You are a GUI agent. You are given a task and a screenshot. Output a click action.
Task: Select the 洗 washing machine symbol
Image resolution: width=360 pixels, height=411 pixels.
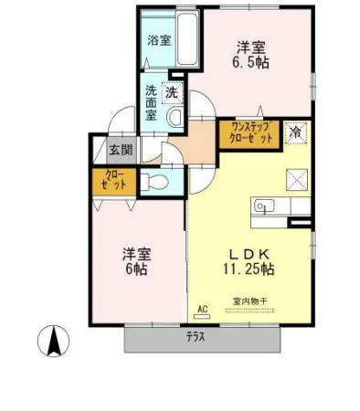pos(171,91)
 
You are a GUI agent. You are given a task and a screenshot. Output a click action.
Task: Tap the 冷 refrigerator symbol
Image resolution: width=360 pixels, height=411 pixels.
pos(294,132)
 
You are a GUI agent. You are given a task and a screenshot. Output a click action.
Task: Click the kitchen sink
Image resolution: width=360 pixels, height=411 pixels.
pos(266,206)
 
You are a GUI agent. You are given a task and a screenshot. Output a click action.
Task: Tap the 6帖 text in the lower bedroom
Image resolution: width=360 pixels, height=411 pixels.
pos(136,272)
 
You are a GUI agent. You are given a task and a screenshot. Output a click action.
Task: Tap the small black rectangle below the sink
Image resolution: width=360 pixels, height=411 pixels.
pos(299,222)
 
